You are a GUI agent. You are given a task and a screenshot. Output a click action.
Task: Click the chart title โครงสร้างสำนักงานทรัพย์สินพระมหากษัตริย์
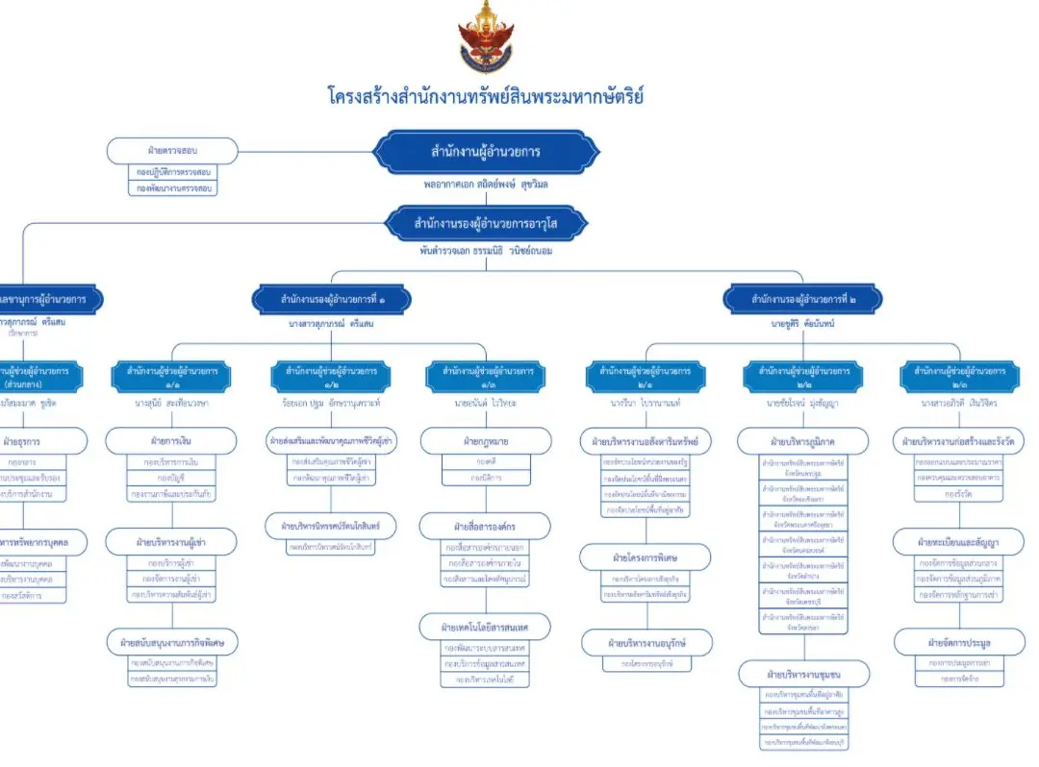(x=486, y=96)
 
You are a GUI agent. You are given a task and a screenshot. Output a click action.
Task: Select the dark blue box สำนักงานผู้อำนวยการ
(x=486, y=151)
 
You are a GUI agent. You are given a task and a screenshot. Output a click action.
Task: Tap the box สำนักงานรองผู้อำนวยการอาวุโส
(x=486, y=224)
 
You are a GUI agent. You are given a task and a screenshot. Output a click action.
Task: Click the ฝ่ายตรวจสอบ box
(x=171, y=151)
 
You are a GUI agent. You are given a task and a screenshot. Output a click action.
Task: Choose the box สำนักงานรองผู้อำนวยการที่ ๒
(x=802, y=299)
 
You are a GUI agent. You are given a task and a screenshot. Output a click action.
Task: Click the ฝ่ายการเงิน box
(x=171, y=441)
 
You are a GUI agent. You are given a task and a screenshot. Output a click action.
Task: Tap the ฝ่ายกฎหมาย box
(x=486, y=441)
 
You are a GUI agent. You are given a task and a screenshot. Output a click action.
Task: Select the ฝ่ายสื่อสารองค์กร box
(x=486, y=526)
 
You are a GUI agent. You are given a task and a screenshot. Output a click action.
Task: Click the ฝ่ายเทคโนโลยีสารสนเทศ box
(x=486, y=628)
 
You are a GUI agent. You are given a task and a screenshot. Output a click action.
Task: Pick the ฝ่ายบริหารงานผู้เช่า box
(x=171, y=542)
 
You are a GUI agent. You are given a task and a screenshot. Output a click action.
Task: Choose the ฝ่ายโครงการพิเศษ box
(x=646, y=557)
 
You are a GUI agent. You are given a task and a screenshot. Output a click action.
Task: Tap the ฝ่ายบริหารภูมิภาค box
(x=803, y=441)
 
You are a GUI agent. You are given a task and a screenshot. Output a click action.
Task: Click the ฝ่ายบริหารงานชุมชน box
(x=803, y=672)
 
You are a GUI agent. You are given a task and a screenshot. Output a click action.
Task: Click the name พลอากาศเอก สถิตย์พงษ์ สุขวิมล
(x=486, y=183)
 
